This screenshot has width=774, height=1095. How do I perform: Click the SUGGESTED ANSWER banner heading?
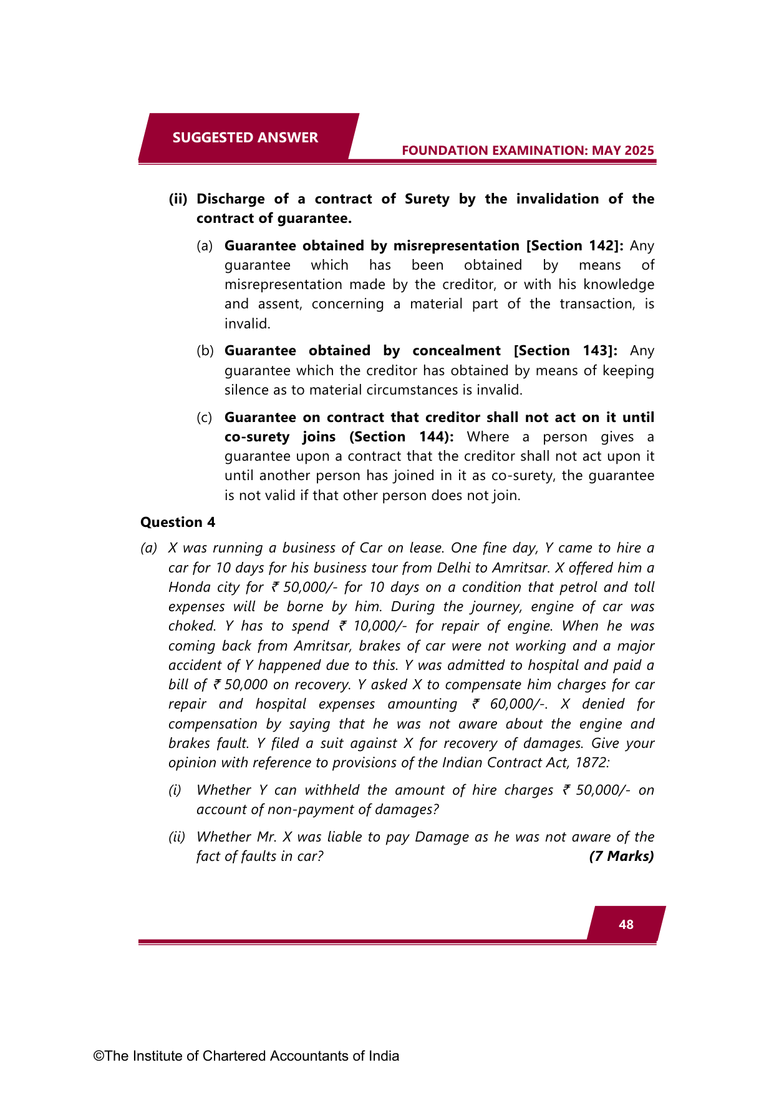coord(245,137)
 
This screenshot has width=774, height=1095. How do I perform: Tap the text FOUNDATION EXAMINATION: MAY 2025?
coord(528,150)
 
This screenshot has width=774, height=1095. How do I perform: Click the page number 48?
coord(626,925)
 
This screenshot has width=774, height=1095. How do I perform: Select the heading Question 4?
coord(178,522)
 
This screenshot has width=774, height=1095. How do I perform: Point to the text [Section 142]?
coord(575,245)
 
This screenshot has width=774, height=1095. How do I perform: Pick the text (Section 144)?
coord(402,436)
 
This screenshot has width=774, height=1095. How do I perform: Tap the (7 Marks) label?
coord(621,856)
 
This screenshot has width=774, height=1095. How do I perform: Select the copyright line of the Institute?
coord(246,1056)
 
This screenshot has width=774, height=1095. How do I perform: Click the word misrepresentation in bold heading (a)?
coord(456,245)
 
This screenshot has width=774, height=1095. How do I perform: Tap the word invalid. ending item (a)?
coord(248,323)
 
